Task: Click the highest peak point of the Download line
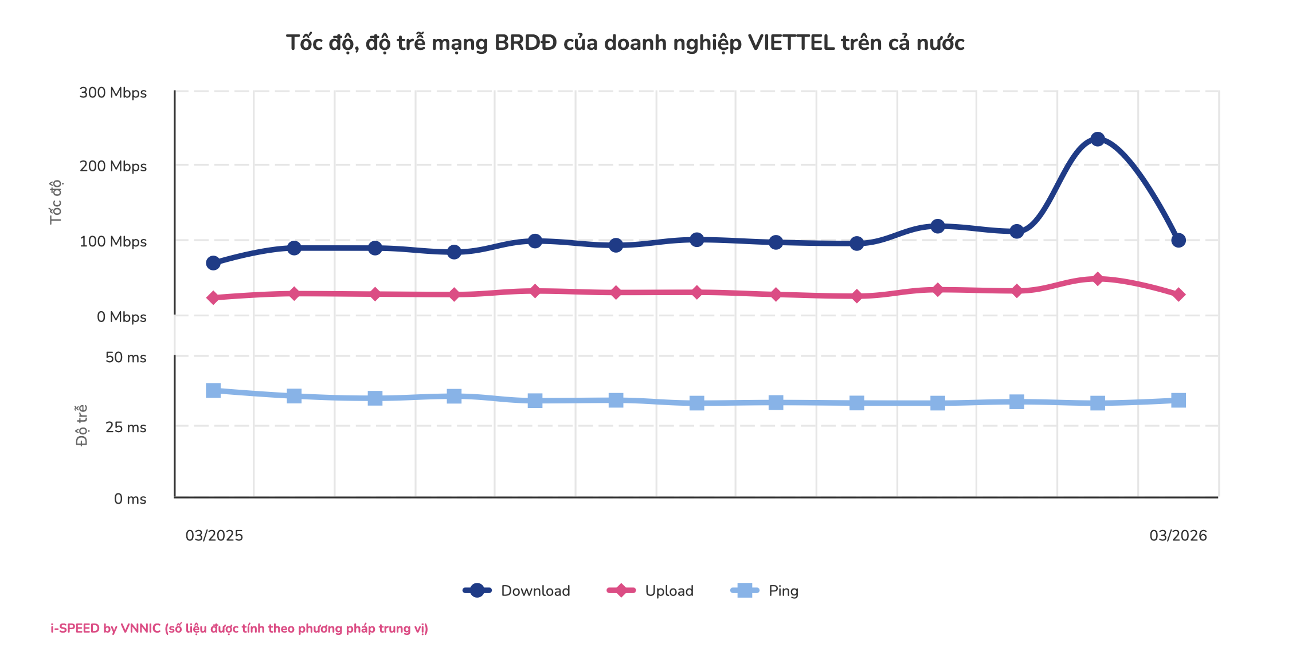1097,139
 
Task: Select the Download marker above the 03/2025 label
213,263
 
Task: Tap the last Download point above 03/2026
1178,240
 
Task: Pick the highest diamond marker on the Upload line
1097,279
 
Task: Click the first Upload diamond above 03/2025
213,297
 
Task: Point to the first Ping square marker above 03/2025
213,391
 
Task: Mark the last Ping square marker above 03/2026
1178,400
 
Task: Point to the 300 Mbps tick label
113,93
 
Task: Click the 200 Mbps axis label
113,166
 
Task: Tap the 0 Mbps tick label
122,317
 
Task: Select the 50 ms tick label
126,358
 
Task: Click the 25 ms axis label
126,427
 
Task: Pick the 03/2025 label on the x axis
214,536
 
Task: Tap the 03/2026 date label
1178,536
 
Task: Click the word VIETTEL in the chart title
791,43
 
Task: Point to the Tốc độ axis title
56,202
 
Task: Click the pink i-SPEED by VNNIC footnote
239,629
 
